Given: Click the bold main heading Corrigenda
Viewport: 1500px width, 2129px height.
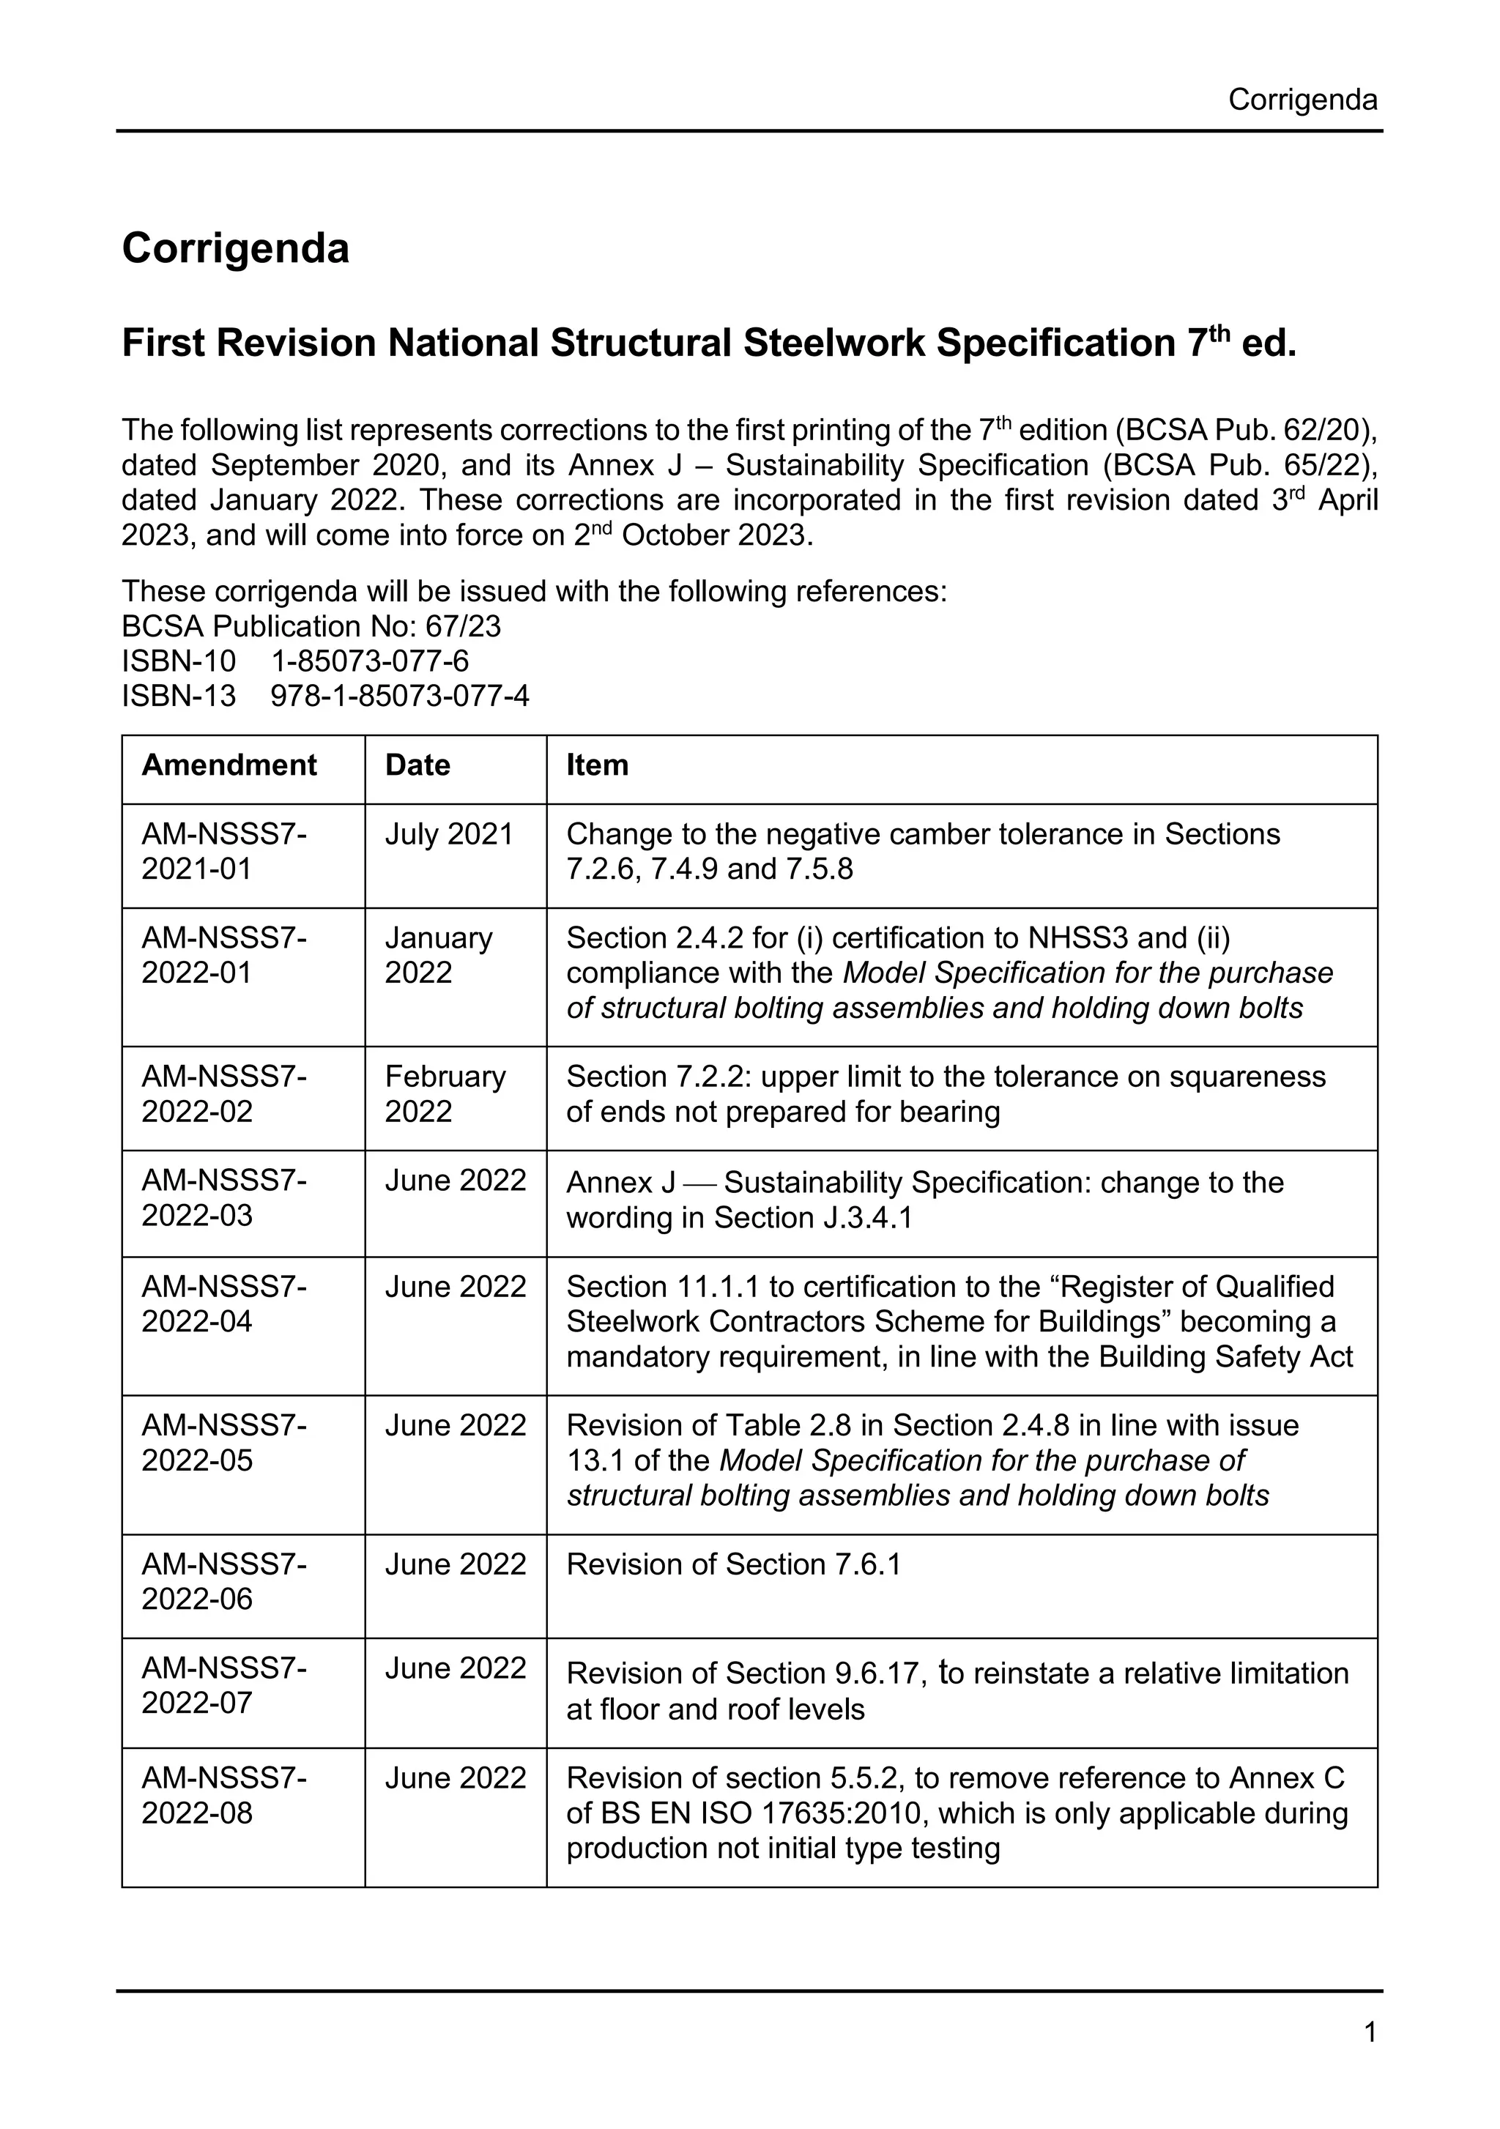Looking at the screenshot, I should point(236,248).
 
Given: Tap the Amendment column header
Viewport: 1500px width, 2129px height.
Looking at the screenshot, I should point(229,765).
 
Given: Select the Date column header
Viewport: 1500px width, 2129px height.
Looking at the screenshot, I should point(417,765).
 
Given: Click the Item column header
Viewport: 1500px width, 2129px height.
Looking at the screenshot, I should point(597,765).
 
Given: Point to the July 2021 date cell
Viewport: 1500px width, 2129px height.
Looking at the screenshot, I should point(449,835).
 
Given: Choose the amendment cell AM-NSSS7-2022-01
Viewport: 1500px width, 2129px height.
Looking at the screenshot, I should point(223,955).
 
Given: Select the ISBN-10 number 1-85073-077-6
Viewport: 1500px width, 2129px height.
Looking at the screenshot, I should point(369,661).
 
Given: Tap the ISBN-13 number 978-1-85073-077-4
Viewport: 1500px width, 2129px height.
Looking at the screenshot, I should point(400,696).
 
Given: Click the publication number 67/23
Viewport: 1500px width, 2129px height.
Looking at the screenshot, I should point(463,627).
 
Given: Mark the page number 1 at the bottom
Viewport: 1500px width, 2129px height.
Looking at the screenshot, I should point(1370,2032).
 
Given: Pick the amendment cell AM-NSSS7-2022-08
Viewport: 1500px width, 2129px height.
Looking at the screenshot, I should point(223,1795).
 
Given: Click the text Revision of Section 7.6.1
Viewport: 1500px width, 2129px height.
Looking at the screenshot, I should point(733,1564).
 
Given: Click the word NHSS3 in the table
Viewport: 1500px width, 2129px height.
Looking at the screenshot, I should point(1078,938).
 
